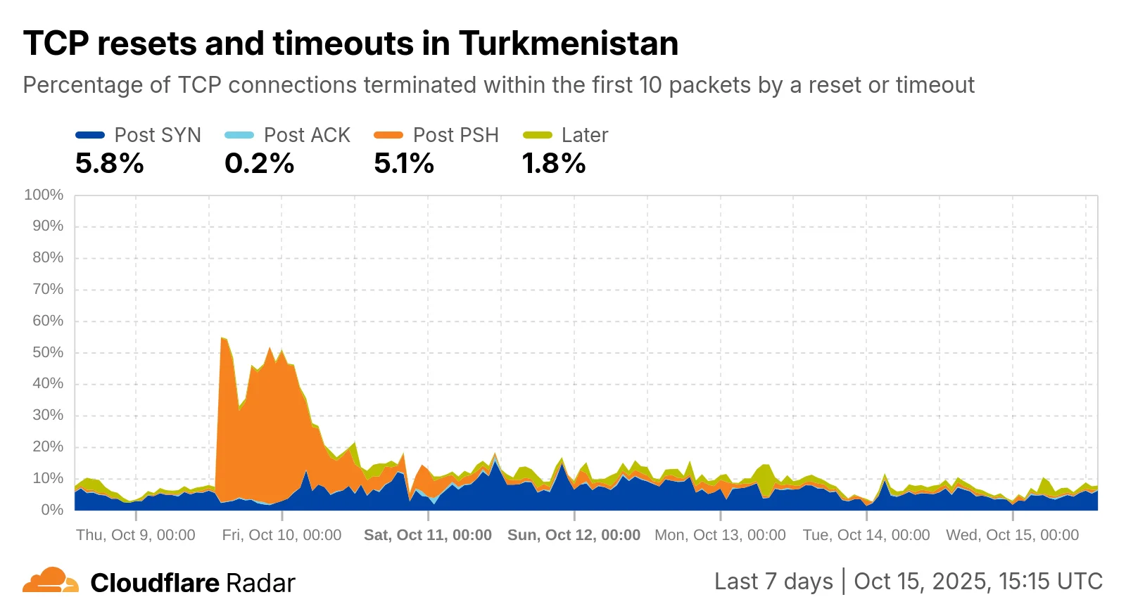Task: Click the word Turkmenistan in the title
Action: point(568,44)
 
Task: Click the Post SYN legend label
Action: point(158,135)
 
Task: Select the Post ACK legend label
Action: point(307,135)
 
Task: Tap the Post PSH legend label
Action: point(455,135)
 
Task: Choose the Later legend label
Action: point(584,135)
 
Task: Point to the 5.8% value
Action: point(110,164)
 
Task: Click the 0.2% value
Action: point(259,164)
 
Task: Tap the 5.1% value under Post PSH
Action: point(404,164)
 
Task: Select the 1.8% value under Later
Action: point(553,164)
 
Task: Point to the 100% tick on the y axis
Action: point(44,195)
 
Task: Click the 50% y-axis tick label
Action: point(47,352)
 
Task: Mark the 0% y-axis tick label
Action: point(51,510)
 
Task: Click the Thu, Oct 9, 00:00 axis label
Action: point(136,535)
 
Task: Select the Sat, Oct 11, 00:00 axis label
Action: point(428,535)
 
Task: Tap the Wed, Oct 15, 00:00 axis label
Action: point(1012,535)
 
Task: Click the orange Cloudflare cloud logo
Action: point(50,581)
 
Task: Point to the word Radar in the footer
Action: point(260,583)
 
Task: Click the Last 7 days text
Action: point(773,582)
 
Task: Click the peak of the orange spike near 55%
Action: point(222,339)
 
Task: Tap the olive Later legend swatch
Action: point(538,135)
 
